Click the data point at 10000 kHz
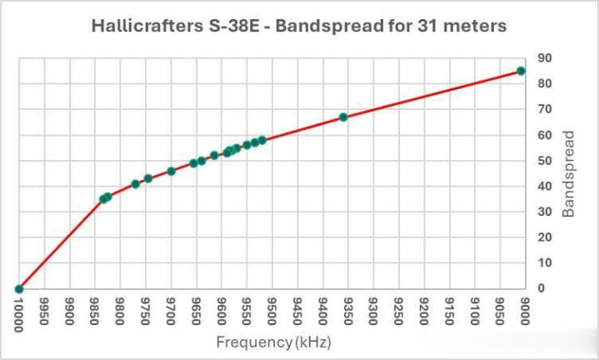click(19, 289)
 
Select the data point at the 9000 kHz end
click(522, 71)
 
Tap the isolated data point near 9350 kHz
click(343, 117)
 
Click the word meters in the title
click(477, 26)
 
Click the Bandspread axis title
click(568, 173)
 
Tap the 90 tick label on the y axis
click(544, 58)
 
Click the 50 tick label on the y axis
click(544, 161)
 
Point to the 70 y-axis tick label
click(544, 109)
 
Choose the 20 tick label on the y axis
click(544, 237)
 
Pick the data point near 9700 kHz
click(171, 171)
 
